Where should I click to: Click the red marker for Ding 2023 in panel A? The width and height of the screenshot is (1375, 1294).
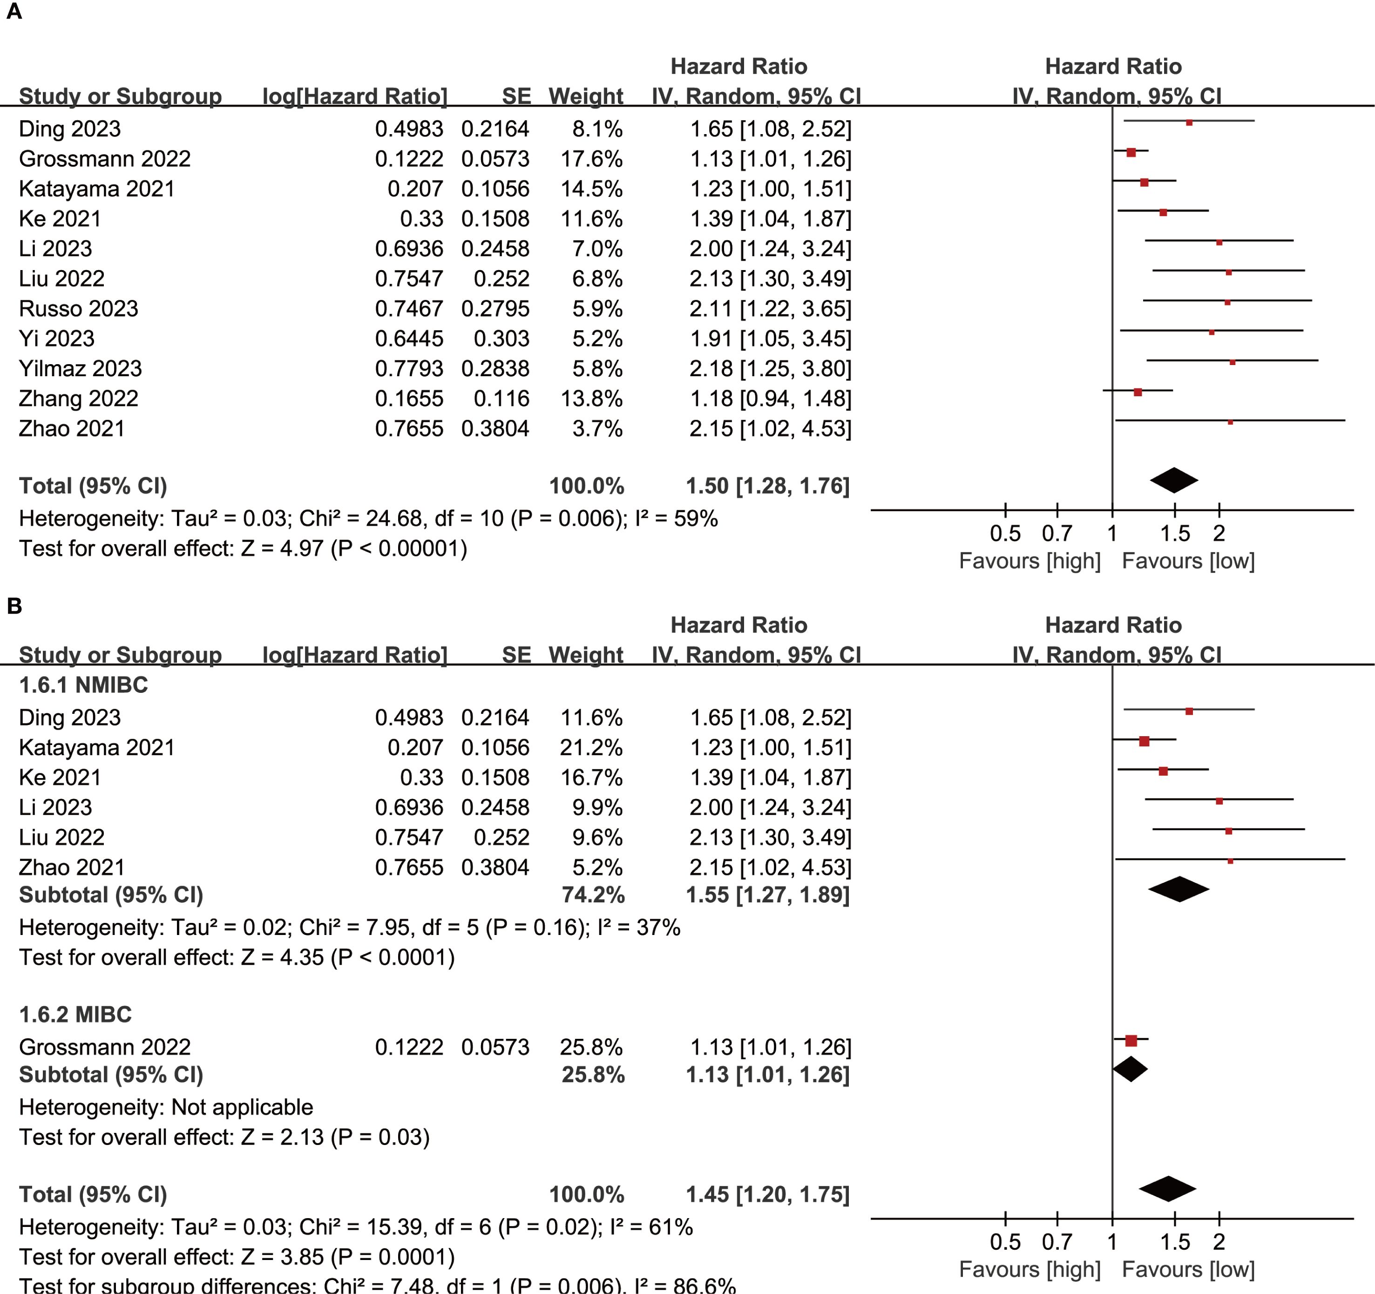pos(1189,122)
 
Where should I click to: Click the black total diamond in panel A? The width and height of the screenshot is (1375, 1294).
pos(1174,480)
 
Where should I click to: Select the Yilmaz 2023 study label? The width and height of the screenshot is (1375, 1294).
pos(80,369)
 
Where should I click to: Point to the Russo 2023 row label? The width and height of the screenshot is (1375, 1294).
pos(78,308)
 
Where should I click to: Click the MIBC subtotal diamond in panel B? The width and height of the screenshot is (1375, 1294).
pos(1130,1069)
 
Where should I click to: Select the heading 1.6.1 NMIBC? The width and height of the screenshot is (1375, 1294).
pos(83,684)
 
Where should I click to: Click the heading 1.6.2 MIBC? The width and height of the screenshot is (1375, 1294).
pos(75,1014)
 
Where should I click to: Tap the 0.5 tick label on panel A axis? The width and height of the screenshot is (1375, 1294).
pos(1005,533)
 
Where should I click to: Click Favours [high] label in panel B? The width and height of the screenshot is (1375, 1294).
pos(1029,1269)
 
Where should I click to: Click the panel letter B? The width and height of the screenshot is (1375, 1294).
pos(14,607)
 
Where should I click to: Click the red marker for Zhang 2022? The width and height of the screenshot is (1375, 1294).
pos(1138,392)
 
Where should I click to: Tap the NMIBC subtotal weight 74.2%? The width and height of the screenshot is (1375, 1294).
pos(593,895)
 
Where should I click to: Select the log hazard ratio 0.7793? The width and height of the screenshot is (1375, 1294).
pos(409,369)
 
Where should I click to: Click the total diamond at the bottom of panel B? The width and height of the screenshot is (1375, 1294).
pos(1167,1189)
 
